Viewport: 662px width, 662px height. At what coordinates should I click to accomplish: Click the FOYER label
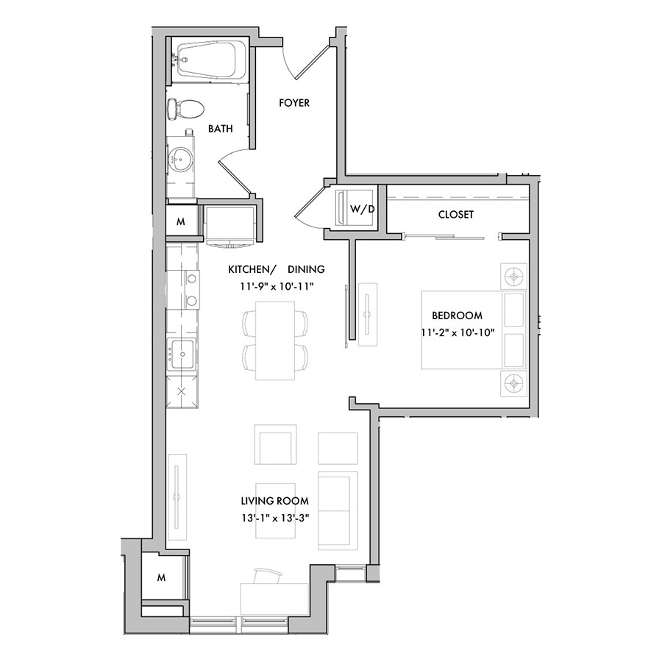point(294,103)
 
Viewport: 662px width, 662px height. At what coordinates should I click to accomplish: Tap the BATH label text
point(221,129)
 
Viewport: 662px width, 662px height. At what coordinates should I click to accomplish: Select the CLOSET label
point(456,215)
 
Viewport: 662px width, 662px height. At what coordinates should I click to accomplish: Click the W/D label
point(362,209)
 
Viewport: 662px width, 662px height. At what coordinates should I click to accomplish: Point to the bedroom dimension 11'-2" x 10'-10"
point(458,332)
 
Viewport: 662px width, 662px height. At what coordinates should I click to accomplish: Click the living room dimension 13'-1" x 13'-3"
point(276,518)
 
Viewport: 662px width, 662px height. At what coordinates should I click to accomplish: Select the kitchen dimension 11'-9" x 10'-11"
point(277,287)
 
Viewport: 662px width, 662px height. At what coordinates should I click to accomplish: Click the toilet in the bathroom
point(185,109)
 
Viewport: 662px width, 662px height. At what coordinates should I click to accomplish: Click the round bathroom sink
point(181,160)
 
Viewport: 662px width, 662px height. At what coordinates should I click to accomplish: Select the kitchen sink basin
point(182,355)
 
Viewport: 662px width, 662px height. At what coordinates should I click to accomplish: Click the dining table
point(275,341)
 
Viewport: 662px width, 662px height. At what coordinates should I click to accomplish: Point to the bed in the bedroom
point(474,330)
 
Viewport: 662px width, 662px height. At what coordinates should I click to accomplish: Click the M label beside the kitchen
point(181,221)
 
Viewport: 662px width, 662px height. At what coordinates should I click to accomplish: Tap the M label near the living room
point(161,577)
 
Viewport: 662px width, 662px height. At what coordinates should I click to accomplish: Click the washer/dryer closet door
point(310,206)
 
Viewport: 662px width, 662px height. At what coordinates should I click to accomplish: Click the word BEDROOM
point(458,316)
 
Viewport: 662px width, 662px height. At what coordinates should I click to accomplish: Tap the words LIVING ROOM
point(275,501)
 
